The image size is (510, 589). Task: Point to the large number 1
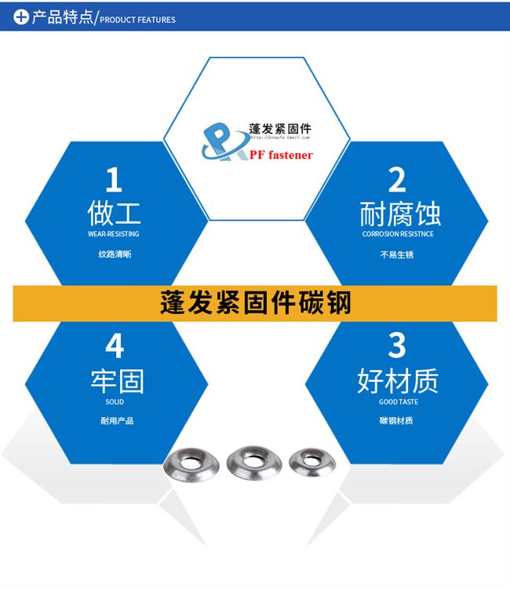pos(115,180)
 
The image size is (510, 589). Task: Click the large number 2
pos(397,180)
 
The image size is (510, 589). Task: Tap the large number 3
pos(397,346)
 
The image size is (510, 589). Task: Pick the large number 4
pos(115,346)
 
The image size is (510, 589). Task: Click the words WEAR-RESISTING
pos(115,234)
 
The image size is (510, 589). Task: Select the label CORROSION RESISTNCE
pos(397,234)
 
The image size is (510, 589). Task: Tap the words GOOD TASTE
pos(398,402)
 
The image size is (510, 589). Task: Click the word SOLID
pos(115,402)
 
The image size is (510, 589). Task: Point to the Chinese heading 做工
pos(115,213)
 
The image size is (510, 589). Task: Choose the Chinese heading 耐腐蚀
pos(397,213)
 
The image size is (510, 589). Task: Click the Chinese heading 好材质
pos(397,381)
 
